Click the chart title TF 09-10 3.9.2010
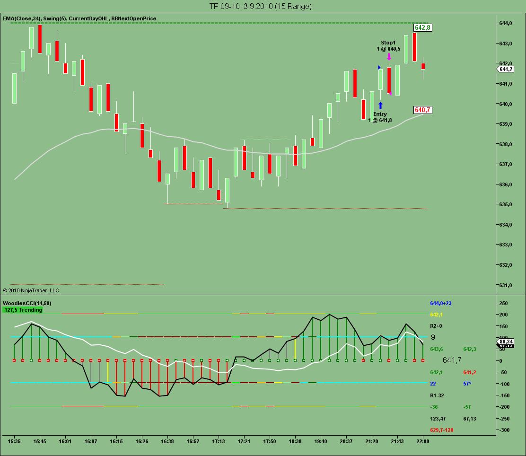pyautogui.click(x=260, y=6)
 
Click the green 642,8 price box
pyautogui.click(x=422, y=28)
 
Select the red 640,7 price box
pyautogui.click(x=422, y=110)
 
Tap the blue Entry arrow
pyautogui.click(x=380, y=105)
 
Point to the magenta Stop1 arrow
pyautogui.click(x=389, y=56)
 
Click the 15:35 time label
pyautogui.click(x=14, y=441)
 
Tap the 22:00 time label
pyautogui.click(x=422, y=441)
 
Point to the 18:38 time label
pyautogui.click(x=295, y=441)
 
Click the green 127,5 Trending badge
pyautogui.click(x=23, y=310)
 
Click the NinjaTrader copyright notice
pyautogui.click(x=31, y=290)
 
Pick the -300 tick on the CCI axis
pyautogui.click(x=503, y=430)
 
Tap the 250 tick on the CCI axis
pyautogui.click(x=504, y=303)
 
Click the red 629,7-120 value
pyautogui.click(x=441, y=430)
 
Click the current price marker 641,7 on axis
pyautogui.click(x=506, y=70)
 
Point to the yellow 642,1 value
pyautogui.click(x=437, y=315)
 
